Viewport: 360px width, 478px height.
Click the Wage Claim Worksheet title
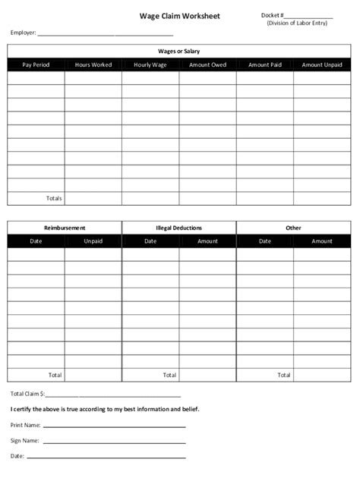point(179,15)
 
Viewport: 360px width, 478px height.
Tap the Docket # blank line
point(309,17)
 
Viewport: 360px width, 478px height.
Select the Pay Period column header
point(36,65)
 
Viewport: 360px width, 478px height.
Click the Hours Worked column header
point(93,65)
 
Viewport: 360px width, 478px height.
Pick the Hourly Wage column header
point(150,65)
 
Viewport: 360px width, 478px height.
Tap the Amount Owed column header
point(207,65)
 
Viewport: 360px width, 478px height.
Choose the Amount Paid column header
point(264,65)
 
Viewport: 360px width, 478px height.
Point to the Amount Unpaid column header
point(322,65)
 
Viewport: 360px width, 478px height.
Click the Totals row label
point(54,198)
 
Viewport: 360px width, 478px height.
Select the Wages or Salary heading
point(179,51)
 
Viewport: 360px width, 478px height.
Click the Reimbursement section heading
point(65,228)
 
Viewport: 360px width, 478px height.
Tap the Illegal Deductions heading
point(179,228)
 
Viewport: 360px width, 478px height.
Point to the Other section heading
point(293,228)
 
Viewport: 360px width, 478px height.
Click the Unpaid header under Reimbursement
point(93,241)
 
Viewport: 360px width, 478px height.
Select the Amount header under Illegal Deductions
point(207,241)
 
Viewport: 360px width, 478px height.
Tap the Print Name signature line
point(114,426)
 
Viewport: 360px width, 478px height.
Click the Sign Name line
point(114,442)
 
